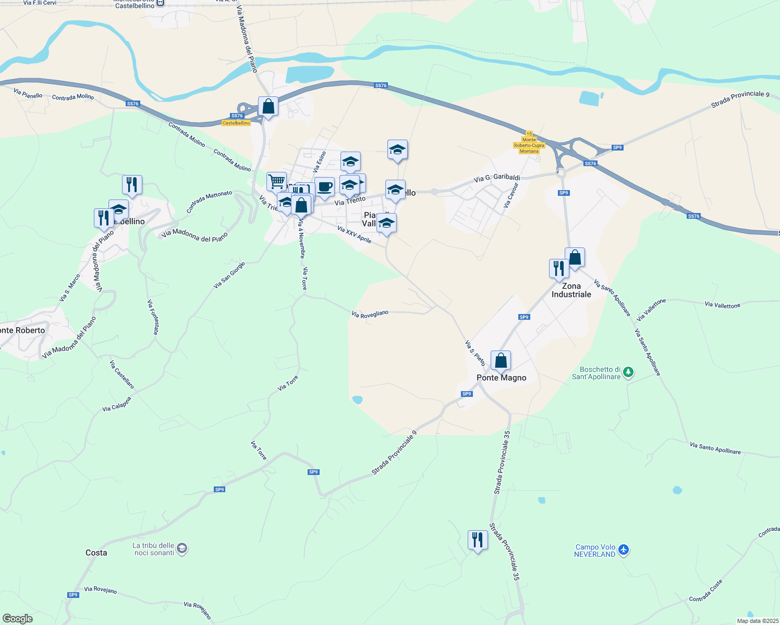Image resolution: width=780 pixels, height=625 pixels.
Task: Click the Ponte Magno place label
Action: (501, 378)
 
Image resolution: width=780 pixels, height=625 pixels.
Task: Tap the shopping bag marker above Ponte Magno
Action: (501, 360)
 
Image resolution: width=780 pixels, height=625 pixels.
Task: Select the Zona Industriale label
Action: (571, 290)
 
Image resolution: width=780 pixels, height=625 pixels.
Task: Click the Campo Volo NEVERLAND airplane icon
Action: (624, 549)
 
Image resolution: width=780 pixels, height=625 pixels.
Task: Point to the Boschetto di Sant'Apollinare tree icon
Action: (629, 372)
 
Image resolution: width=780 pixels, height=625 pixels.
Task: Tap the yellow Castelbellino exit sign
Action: (236, 123)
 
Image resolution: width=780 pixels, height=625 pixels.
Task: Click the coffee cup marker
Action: (324, 187)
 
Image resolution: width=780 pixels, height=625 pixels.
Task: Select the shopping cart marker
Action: (276, 182)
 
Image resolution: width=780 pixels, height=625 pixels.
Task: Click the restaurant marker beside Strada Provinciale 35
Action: (478, 540)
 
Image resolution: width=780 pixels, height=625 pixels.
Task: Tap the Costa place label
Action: (96, 553)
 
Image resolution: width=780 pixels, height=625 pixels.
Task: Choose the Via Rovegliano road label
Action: (370, 314)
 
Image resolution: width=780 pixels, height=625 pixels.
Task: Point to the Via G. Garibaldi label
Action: (497, 178)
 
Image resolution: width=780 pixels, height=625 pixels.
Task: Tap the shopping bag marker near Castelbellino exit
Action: (268, 106)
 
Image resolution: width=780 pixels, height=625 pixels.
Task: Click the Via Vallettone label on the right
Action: (722, 305)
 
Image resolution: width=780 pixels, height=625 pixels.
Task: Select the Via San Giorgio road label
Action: (229, 276)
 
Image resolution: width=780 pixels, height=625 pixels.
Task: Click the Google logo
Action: (18, 619)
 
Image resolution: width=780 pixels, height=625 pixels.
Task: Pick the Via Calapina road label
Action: (116, 405)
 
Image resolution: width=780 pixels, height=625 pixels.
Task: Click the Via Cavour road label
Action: (511, 195)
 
